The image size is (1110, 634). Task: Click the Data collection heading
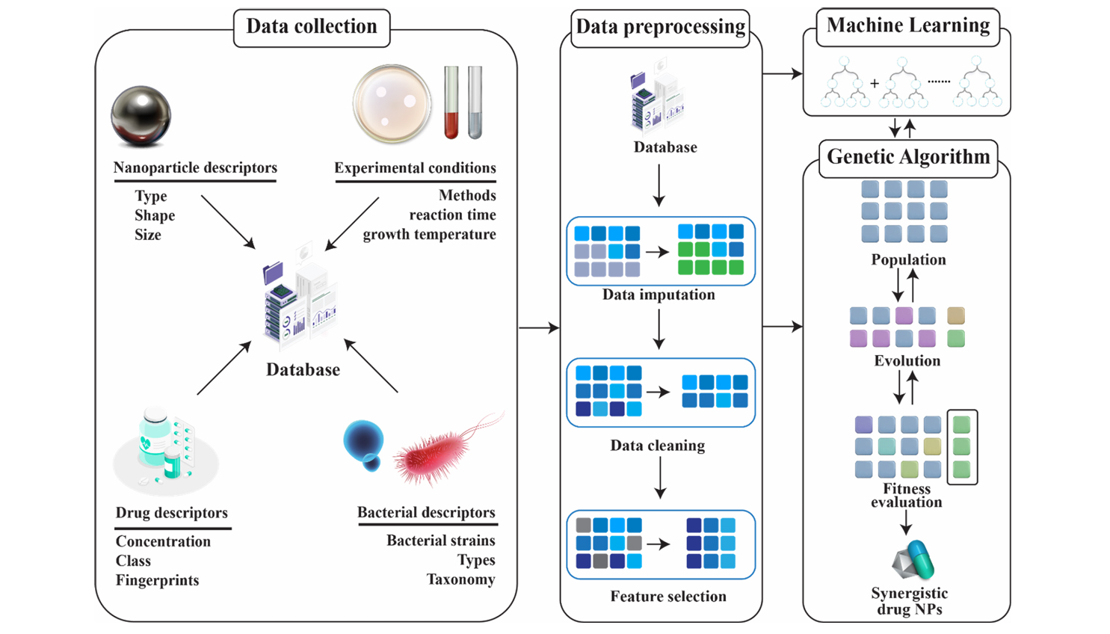point(312,27)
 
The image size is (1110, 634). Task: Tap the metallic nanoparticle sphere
point(141,116)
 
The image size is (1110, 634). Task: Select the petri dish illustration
point(392,104)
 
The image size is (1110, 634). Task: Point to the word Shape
point(155,215)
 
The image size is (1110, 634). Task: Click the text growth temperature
point(429,235)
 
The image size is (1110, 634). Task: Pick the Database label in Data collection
point(303,369)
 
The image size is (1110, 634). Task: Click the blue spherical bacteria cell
point(364,443)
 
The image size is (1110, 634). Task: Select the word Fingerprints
point(157,580)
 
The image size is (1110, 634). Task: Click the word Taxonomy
point(460,579)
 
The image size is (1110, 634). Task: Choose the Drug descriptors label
point(171,513)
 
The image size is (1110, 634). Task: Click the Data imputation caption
point(659,295)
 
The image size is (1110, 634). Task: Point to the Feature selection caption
point(667,597)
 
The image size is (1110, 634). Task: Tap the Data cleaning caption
point(657,446)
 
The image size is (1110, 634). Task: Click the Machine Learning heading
point(908,25)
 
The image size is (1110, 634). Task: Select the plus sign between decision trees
point(874,84)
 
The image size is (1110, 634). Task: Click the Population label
point(908,260)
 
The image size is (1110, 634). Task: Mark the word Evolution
point(907,361)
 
